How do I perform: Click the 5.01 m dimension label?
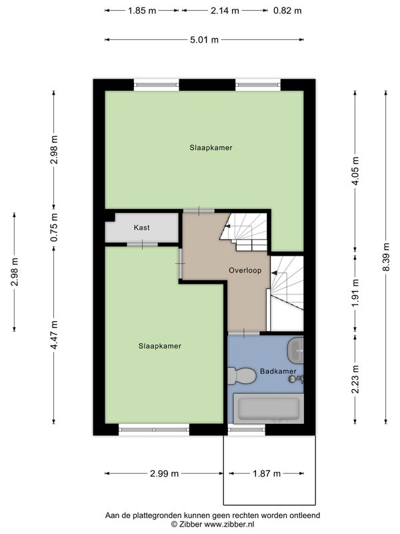coord(204,40)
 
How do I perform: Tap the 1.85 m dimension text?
coord(142,11)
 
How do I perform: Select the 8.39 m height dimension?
coord(386,257)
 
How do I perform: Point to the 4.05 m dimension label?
coord(355,171)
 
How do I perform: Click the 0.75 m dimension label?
coord(54,227)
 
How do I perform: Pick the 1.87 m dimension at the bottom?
coord(267,473)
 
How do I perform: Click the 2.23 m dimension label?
coord(355,379)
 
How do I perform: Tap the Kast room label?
coord(141,228)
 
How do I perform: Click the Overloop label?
coord(245,270)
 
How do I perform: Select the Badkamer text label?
coord(278,371)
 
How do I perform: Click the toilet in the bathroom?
coord(241,376)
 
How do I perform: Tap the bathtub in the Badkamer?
coord(269,409)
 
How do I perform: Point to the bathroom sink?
coord(295,350)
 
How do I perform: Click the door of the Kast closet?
coord(142,244)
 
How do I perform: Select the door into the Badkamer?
coord(243,333)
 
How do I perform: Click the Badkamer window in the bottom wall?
coord(246,429)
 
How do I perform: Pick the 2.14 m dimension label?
coord(225,11)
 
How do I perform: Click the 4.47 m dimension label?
coord(54,335)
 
